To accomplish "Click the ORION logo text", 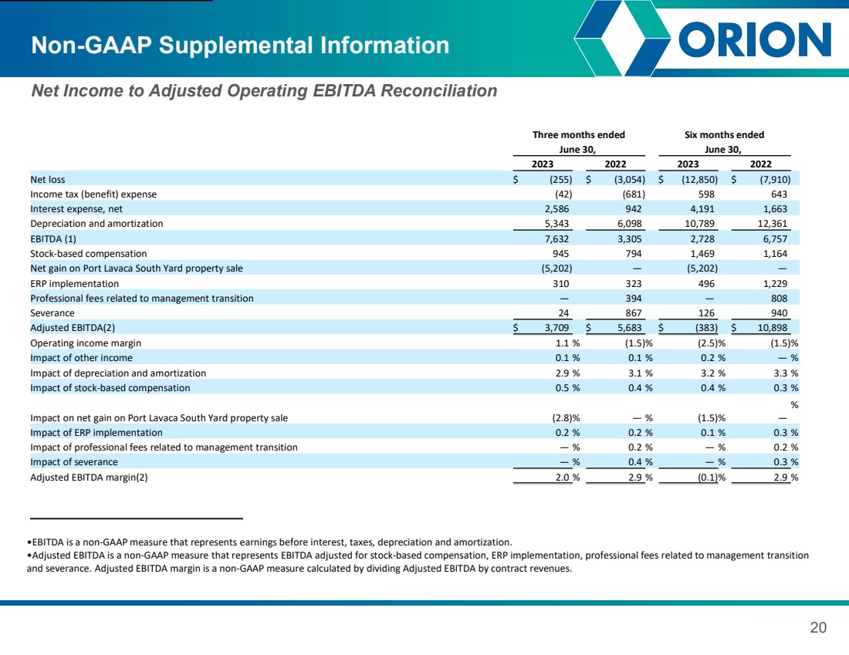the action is (x=755, y=39).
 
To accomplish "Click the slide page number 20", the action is (x=818, y=627).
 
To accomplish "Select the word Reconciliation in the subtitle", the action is (x=438, y=90).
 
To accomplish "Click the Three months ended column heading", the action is (x=578, y=135).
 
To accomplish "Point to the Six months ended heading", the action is (x=724, y=135).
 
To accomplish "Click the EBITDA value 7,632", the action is (x=556, y=238).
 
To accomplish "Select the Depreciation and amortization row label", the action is (x=96, y=224).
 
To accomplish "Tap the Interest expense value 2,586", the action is (x=556, y=209).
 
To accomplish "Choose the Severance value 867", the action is (x=633, y=313).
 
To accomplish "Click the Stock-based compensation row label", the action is (x=88, y=253).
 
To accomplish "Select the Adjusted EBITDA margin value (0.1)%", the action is (x=712, y=478).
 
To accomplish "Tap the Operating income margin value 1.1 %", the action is (x=567, y=343).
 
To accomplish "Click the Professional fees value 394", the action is (x=633, y=299).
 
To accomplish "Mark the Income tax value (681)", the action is (x=632, y=194).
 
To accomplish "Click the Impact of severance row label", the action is (x=73, y=462).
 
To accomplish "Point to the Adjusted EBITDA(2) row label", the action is (x=73, y=327).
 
